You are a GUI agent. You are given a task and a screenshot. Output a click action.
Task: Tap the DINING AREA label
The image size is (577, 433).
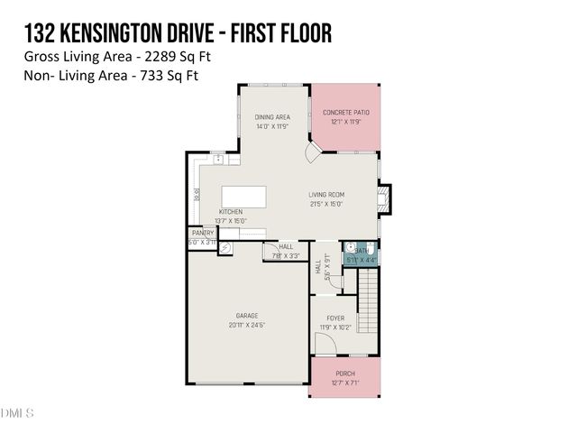point(271,117)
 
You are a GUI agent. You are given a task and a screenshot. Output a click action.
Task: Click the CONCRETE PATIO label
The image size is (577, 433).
point(346,113)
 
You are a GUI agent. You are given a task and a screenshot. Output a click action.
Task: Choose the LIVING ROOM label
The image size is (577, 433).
point(326,195)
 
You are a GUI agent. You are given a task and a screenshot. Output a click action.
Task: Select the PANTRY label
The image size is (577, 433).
point(203,233)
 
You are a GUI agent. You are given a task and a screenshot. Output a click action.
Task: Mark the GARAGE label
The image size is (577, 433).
point(246,317)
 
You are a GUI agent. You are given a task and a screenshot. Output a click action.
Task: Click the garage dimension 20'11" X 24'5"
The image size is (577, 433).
point(246,325)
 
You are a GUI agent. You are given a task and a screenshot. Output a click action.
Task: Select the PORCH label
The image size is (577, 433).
point(345,374)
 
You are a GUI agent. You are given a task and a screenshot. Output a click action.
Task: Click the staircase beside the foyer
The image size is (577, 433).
point(369,307)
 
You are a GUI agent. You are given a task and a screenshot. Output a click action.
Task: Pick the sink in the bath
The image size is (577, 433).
point(350,246)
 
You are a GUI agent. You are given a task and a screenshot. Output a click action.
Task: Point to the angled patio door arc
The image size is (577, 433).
point(308,156)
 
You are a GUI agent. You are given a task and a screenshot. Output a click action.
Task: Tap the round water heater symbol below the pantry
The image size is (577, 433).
point(226,247)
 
